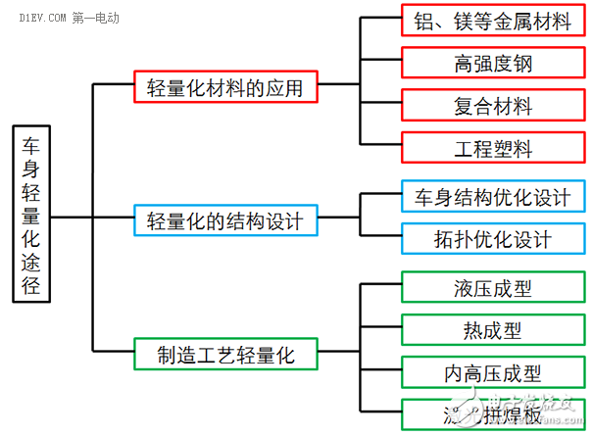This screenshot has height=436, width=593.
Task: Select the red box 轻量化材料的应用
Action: [224, 86]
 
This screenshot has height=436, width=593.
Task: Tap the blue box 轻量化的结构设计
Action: [225, 220]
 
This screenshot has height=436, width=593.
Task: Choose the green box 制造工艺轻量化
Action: [225, 353]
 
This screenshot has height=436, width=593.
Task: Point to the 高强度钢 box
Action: [492, 64]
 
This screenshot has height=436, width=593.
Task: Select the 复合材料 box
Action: [492, 105]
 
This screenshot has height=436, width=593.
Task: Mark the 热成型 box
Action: [492, 329]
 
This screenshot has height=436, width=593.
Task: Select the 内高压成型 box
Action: [492, 372]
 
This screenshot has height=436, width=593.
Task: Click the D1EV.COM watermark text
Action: [34, 18]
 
